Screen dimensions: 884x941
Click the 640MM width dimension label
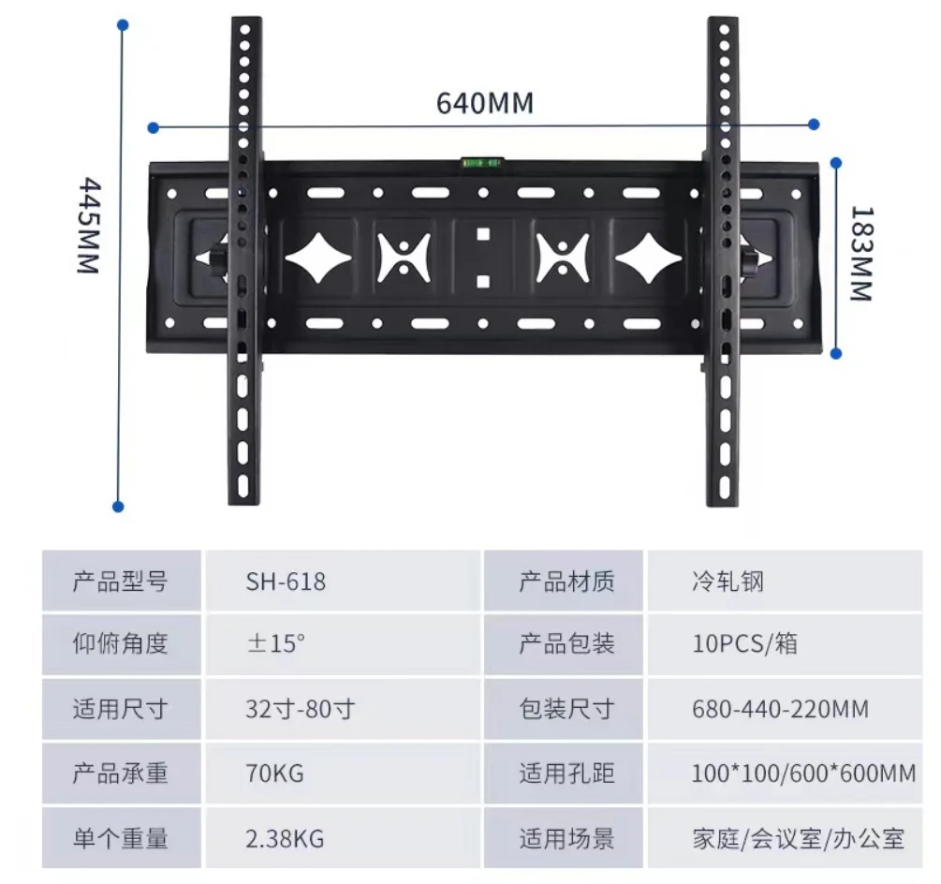pyautogui.click(x=485, y=103)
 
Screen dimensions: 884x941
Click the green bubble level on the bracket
pyautogui.click(x=482, y=163)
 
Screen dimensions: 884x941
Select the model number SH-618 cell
pyautogui.click(x=286, y=582)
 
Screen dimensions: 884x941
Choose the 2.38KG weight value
pyautogui.click(x=285, y=837)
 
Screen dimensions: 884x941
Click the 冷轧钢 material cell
pyautogui.click(x=728, y=582)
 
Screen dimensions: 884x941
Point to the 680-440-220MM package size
pyautogui.click(x=780, y=708)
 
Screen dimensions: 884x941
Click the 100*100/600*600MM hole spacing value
pyautogui.click(x=803, y=773)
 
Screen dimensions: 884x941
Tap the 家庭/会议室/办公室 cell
pyautogui.click(x=799, y=837)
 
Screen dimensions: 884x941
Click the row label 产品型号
pyautogui.click(x=121, y=582)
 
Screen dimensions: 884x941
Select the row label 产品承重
pyautogui.click(x=121, y=773)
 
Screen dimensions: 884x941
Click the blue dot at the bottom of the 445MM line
pyautogui.click(x=118, y=507)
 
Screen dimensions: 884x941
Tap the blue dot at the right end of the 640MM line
pyautogui.click(x=814, y=124)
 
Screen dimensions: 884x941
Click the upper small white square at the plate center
pyautogui.click(x=483, y=234)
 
